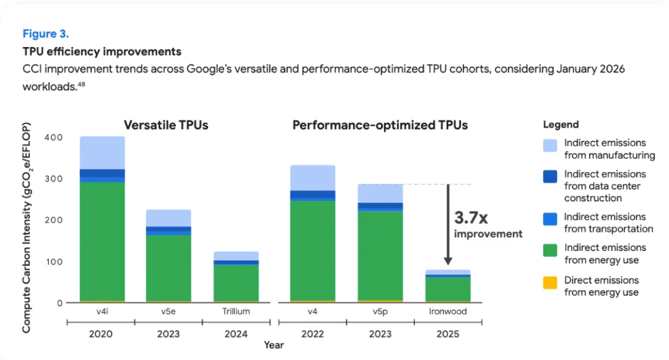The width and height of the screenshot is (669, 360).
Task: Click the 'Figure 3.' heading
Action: (46, 33)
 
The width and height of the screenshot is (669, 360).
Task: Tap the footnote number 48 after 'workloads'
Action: (82, 84)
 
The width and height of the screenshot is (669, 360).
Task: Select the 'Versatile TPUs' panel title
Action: (166, 125)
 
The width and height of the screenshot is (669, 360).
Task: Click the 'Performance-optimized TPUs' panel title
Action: (380, 125)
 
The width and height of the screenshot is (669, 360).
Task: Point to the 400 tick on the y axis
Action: (53, 138)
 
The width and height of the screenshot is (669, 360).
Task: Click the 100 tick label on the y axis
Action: (54, 261)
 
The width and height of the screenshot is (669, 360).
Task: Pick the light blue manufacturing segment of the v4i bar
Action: (102, 152)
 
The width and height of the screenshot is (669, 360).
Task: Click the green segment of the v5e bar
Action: (168, 268)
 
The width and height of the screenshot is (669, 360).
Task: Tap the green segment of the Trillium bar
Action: (236, 283)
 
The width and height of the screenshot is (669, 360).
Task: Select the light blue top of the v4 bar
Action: (313, 178)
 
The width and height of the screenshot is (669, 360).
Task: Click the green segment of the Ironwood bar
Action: (448, 289)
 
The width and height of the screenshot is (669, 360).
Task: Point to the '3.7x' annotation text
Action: (471, 217)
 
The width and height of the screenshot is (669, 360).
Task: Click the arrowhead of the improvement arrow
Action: (448, 261)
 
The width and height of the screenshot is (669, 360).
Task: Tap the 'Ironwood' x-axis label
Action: (448, 312)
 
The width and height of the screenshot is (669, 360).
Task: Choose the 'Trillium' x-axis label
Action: (236, 312)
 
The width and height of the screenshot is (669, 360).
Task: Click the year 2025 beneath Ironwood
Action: (448, 334)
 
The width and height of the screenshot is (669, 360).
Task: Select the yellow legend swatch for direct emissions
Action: (550, 283)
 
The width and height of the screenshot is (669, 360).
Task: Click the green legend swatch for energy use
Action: (550, 250)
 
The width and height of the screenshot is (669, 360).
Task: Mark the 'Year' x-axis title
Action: (274, 345)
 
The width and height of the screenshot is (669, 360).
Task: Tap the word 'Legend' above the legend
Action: (561, 125)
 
